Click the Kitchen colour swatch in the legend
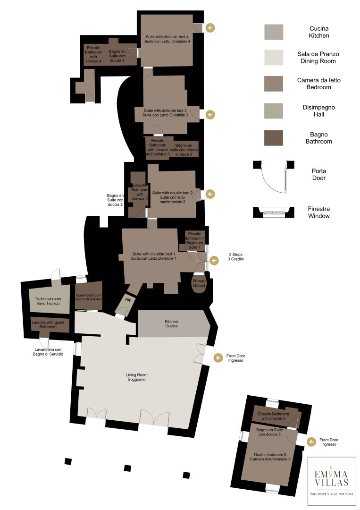coord(274,32)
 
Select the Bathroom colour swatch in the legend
coord(274,138)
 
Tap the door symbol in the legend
coord(274,176)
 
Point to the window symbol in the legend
coord(274,212)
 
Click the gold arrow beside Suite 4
coord(210,28)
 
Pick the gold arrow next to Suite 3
coord(210,114)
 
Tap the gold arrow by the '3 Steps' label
coord(214,261)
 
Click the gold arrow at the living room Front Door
coord(218,357)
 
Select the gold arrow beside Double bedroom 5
coord(311,442)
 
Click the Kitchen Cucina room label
coord(171,323)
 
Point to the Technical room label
coord(48,301)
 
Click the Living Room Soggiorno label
coord(136,377)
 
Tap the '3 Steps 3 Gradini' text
coord(235,257)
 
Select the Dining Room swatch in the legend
coord(274,58)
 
